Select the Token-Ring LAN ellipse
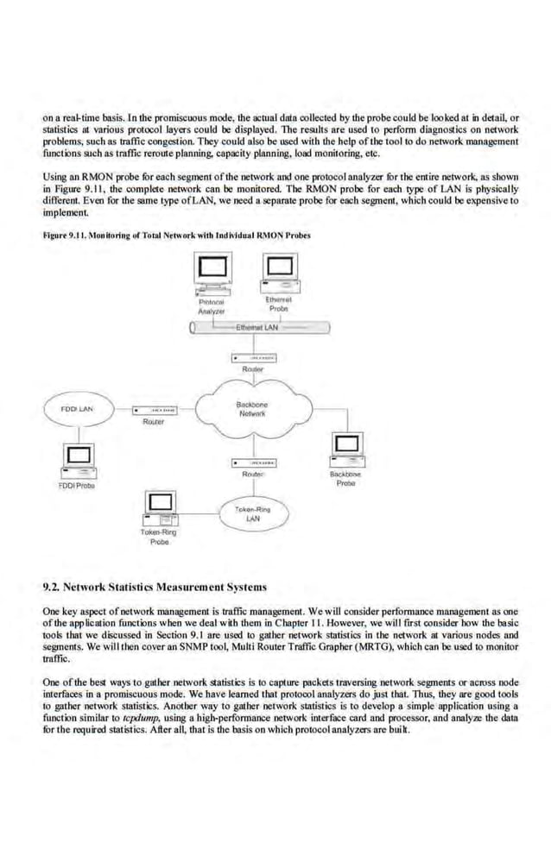(252, 514)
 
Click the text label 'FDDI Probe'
(75, 486)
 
